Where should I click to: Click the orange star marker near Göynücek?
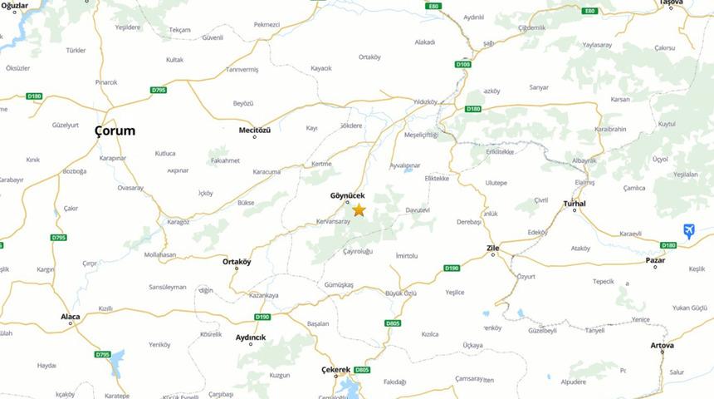click(x=359, y=210)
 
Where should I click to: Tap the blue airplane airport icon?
click(x=688, y=231)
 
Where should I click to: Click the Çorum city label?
click(x=115, y=131)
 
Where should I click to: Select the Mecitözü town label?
click(x=255, y=131)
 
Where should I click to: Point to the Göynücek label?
click(x=348, y=195)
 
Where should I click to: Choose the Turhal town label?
click(x=575, y=204)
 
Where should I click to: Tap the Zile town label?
click(x=492, y=248)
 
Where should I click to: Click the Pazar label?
click(x=655, y=260)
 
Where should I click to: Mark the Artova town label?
click(x=662, y=345)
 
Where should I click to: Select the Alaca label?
click(x=71, y=317)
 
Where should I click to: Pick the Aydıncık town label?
click(x=251, y=337)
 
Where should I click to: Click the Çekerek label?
click(x=336, y=369)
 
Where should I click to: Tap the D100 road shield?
click(x=462, y=64)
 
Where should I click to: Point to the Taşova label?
click(x=671, y=3)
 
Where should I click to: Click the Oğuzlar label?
click(x=15, y=5)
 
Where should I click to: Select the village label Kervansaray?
click(x=333, y=221)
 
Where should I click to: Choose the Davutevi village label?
click(x=418, y=209)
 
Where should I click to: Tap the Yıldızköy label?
click(x=425, y=101)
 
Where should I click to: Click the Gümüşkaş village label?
click(x=340, y=284)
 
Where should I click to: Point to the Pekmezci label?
click(x=267, y=25)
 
